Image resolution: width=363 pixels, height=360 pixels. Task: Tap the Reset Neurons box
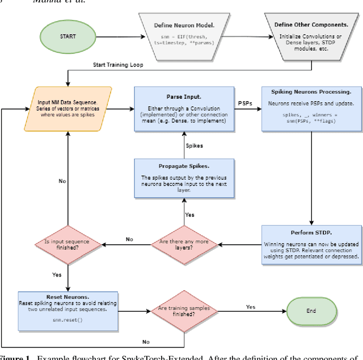point(67,311)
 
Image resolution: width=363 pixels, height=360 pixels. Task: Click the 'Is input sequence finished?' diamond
point(67,245)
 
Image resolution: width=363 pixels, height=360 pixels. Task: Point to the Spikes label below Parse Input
point(194,145)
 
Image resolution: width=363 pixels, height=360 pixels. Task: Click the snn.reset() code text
point(67,321)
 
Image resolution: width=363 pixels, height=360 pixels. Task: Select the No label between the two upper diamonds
point(130,239)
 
